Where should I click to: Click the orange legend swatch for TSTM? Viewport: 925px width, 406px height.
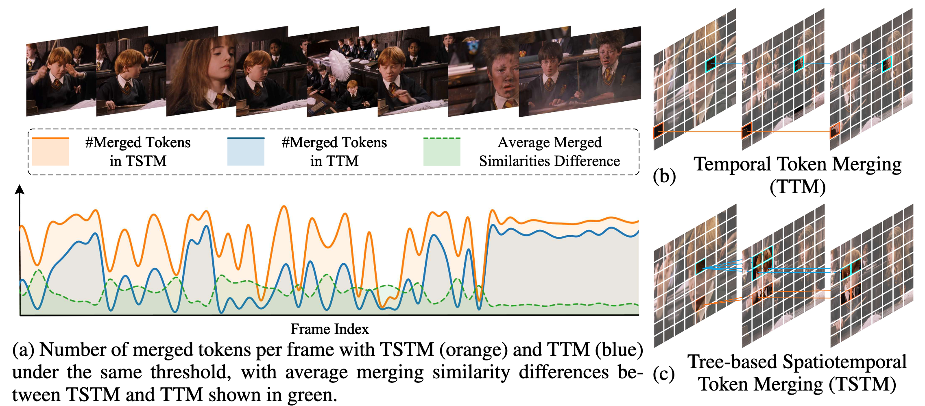click(50, 151)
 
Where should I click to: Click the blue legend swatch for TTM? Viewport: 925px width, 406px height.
click(246, 151)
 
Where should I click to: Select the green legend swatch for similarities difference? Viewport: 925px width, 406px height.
click(442, 151)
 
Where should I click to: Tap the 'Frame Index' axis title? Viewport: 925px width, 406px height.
click(329, 329)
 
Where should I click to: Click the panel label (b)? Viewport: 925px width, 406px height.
click(664, 176)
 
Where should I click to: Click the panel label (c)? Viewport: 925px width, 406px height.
click(664, 374)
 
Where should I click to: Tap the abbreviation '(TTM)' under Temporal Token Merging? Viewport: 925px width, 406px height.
click(798, 187)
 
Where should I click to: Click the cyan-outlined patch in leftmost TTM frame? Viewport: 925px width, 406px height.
click(711, 64)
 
